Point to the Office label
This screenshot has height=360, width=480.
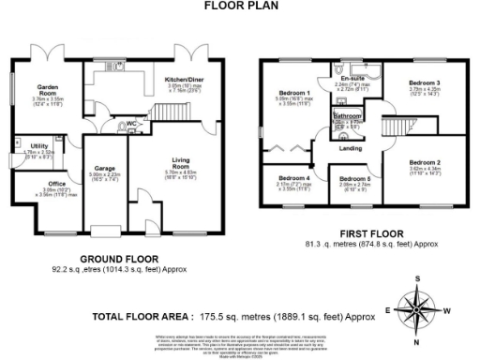pyautogui.click(x=57, y=184)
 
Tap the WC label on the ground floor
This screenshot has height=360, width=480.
pyautogui.click(x=132, y=123)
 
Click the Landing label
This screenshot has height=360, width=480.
pyautogui.click(x=351, y=148)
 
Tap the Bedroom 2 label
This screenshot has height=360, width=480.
pyautogui.click(x=425, y=162)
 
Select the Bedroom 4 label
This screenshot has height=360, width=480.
pyautogui.click(x=294, y=177)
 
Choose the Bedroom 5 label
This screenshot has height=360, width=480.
pyautogui.click(x=354, y=179)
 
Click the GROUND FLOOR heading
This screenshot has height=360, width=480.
pyautogui.click(x=119, y=258)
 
